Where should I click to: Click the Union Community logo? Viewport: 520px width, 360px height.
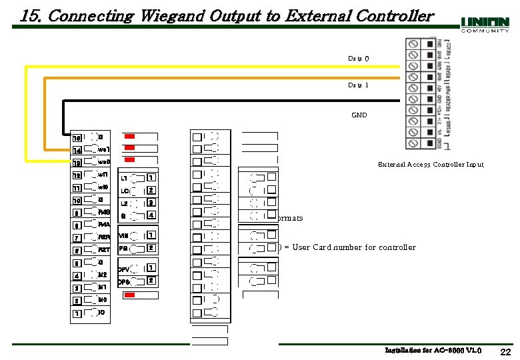(x=485, y=24)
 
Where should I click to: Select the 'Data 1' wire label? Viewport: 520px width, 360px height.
(x=358, y=85)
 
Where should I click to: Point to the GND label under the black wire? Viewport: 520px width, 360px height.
(x=359, y=115)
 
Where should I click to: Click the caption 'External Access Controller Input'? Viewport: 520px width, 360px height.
(x=431, y=164)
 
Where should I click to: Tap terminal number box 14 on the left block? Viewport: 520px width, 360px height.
(x=77, y=151)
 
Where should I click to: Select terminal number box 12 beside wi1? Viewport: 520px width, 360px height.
(x=77, y=175)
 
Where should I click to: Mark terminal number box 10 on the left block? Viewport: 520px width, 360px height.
(x=77, y=201)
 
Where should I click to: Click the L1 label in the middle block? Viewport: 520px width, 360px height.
(x=124, y=179)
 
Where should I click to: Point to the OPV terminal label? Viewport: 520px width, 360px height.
(x=124, y=269)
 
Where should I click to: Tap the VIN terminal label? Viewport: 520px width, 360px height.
(x=124, y=236)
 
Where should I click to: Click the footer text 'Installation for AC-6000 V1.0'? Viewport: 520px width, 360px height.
(x=433, y=350)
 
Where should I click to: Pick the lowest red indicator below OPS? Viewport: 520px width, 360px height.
(x=131, y=294)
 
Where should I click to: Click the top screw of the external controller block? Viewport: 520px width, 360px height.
(x=413, y=44)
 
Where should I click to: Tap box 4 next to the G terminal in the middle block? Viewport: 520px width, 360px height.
(x=151, y=215)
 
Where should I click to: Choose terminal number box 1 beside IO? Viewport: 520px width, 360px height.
(x=77, y=313)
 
